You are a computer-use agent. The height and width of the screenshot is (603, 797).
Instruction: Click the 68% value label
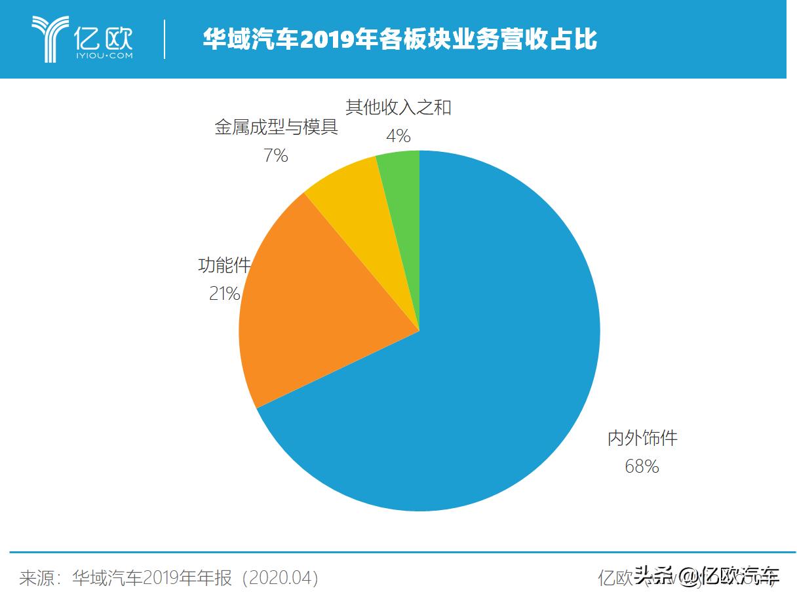(x=642, y=467)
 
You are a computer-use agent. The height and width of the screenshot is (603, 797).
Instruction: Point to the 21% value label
(x=224, y=295)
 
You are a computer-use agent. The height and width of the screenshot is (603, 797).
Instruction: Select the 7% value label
(x=276, y=156)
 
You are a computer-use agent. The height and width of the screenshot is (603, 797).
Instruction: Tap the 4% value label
(x=398, y=136)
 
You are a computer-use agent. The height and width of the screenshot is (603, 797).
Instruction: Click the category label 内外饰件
(x=642, y=438)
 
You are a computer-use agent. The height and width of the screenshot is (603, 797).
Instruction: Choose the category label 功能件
(x=224, y=266)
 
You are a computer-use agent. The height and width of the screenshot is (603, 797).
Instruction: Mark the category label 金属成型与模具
(x=276, y=127)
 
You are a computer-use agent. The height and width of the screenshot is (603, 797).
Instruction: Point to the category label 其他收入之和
(x=398, y=107)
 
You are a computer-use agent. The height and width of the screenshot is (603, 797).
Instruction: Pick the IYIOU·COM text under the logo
(x=104, y=56)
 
